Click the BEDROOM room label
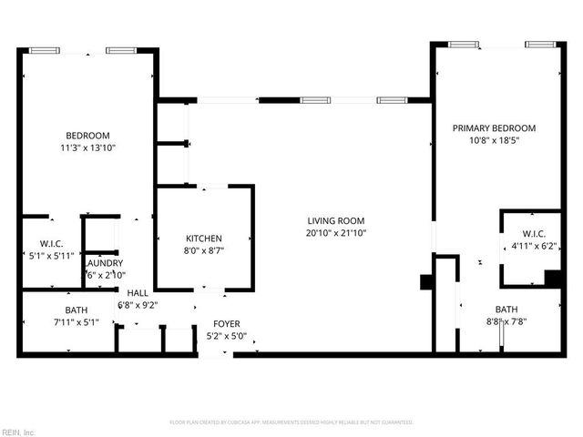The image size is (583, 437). [x=87, y=135]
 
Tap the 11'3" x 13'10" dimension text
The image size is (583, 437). [x=87, y=147]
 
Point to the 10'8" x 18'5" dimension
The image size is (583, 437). [x=494, y=140]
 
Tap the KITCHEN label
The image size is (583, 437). [x=203, y=238]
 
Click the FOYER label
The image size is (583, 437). [x=226, y=323]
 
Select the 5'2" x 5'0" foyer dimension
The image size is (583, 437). [x=226, y=335]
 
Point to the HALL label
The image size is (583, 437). [x=138, y=292]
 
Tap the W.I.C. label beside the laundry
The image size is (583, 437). [x=50, y=243]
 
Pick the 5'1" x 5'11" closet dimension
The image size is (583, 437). [x=50, y=255]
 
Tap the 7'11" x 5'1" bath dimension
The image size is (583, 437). [x=76, y=321]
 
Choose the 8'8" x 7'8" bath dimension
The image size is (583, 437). [x=506, y=320]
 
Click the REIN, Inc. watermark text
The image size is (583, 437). [x=18, y=432]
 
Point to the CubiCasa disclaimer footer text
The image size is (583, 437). [x=291, y=422]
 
